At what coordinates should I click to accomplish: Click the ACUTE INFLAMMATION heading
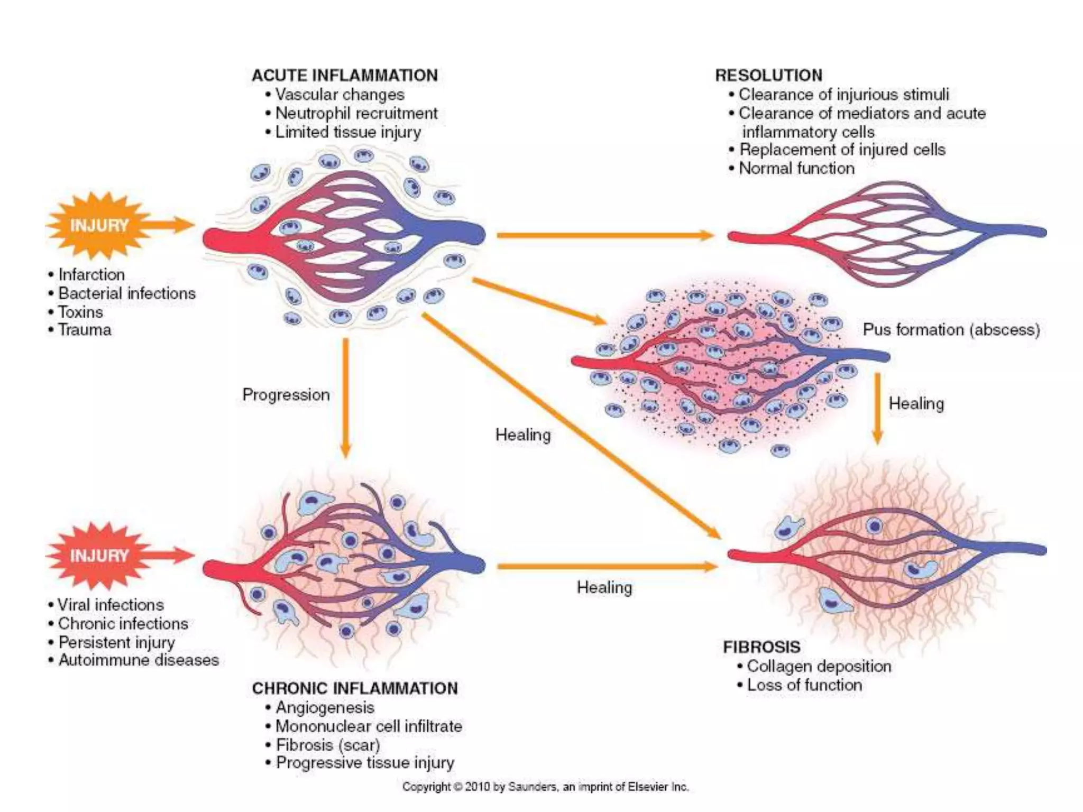click(x=344, y=76)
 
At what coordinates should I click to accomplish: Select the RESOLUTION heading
click(x=768, y=76)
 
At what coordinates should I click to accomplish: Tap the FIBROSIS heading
click(x=761, y=647)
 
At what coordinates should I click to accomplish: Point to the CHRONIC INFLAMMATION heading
click(x=355, y=688)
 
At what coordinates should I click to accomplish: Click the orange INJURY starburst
click(x=99, y=226)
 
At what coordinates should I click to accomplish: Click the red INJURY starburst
click(x=99, y=556)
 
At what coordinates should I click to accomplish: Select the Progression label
click(x=286, y=395)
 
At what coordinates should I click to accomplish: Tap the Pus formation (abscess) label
click(x=951, y=330)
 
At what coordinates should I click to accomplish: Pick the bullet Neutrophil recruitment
click(x=356, y=113)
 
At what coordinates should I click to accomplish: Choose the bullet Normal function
click(x=796, y=169)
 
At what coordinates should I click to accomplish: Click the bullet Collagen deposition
click(x=819, y=666)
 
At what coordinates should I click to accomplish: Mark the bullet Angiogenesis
click(x=325, y=707)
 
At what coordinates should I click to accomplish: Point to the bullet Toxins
click(x=80, y=312)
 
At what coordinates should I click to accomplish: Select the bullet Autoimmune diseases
click(x=138, y=660)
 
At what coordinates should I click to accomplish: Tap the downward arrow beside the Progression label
click(x=345, y=396)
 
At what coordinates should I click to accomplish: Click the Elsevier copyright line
click(x=545, y=787)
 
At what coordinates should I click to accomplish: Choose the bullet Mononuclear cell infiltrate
click(x=369, y=726)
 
